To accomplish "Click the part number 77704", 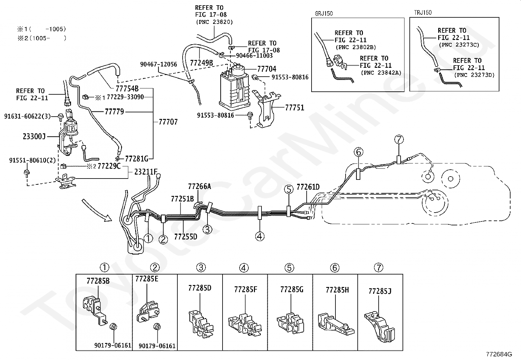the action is (x=266, y=69).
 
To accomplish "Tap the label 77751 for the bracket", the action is (x=295, y=107).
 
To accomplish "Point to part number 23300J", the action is (x=34, y=137).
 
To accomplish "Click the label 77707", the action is (x=168, y=122).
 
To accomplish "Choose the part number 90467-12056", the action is (x=159, y=64).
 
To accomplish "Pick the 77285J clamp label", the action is (x=380, y=291).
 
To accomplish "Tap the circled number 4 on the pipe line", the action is (x=260, y=237).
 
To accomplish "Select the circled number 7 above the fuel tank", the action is (x=399, y=140).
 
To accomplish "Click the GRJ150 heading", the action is (x=324, y=13).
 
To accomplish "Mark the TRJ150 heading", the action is (x=422, y=12).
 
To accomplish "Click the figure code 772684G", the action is (x=499, y=354).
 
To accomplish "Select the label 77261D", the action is (x=308, y=187).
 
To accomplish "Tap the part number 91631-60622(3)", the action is (x=27, y=116).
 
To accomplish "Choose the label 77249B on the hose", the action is (x=201, y=63).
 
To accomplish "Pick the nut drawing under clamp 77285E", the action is (x=157, y=327).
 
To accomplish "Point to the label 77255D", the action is (x=186, y=237).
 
